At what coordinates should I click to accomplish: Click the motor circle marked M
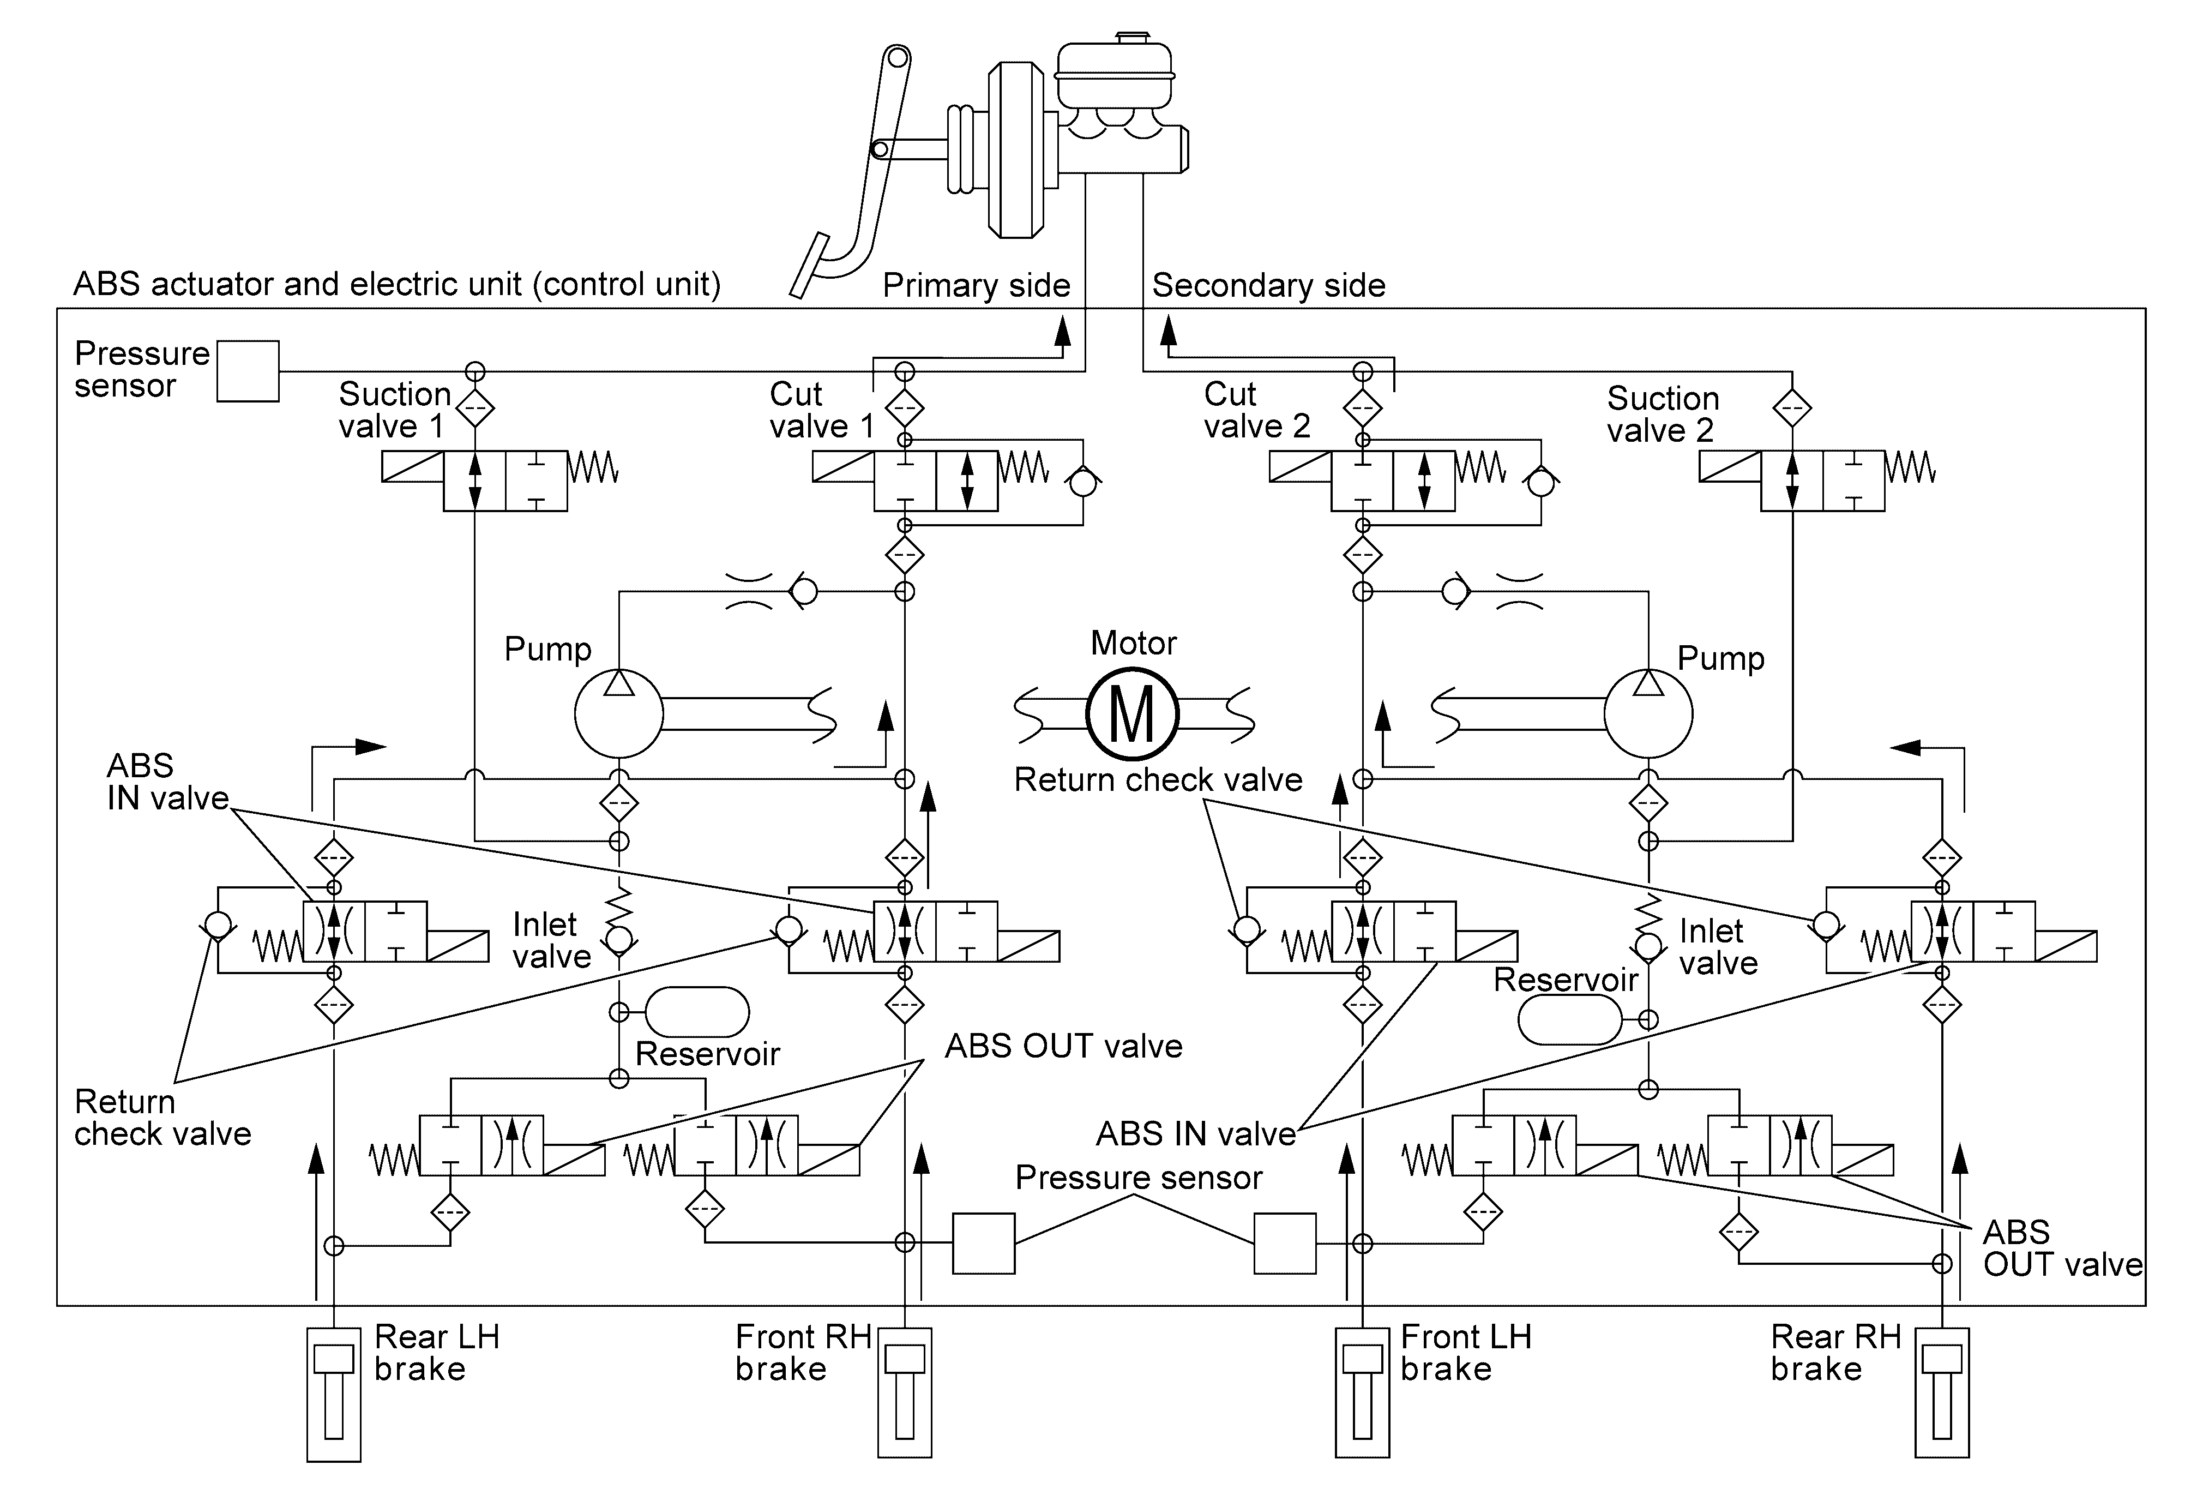point(1132,714)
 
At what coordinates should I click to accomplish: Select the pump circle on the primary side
point(619,714)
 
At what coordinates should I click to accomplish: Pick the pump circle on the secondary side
point(1648,714)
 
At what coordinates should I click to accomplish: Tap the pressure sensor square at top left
point(248,371)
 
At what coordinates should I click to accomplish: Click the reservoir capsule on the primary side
point(697,1012)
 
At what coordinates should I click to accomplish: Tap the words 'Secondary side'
point(1268,285)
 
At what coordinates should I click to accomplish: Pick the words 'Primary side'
point(977,285)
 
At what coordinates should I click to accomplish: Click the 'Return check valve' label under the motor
point(1158,779)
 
